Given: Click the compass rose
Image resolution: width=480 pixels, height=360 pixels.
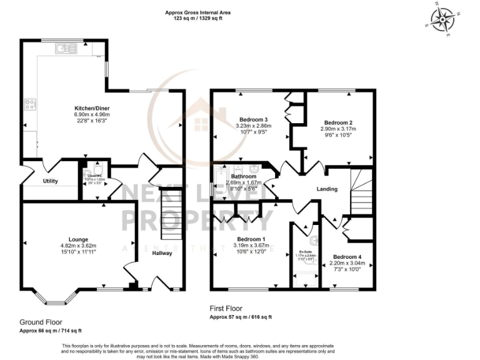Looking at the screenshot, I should (443, 20).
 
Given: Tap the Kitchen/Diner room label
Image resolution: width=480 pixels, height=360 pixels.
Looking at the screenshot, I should (92, 108).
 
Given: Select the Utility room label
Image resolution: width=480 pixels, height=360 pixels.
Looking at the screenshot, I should (50, 181).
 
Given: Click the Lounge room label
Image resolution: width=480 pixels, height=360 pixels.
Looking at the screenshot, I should (78, 239).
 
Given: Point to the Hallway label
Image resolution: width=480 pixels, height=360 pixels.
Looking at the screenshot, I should (162, 253).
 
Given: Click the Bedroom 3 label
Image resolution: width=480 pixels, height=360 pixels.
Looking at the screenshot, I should (254, 119).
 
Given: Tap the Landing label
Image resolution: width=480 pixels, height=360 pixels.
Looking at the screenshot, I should (327, 189).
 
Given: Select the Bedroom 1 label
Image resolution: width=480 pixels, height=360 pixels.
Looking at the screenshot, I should (251, 239).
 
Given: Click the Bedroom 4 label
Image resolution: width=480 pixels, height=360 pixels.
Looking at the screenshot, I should (346, 257).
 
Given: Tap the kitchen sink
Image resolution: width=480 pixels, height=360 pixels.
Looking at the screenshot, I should (64, 47).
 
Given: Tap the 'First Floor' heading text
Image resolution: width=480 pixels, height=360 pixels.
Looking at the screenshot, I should (226, 309).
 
